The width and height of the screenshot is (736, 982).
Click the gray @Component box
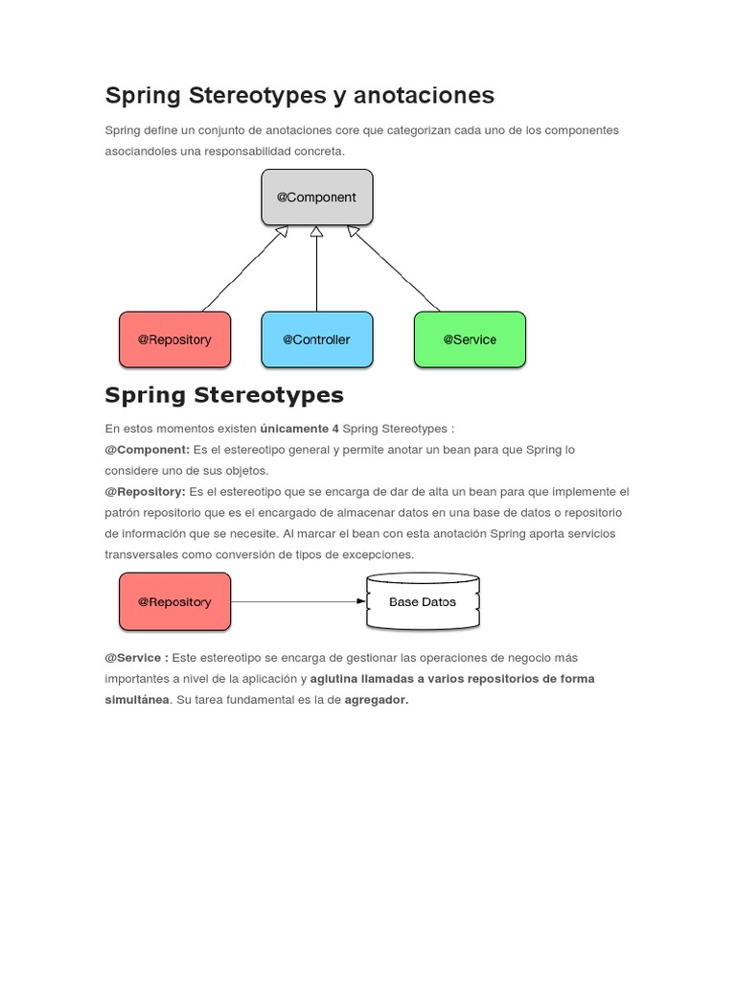316,198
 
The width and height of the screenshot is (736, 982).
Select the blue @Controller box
316,339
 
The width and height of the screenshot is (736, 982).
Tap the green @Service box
470,339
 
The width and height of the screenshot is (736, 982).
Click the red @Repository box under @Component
174,339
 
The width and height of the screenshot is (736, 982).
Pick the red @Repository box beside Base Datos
174,602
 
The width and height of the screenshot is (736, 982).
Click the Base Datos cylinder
423,602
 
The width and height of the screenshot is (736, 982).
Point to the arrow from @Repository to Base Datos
298,602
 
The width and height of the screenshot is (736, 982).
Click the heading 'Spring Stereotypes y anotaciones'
299,95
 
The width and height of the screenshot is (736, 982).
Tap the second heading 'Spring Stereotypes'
223,395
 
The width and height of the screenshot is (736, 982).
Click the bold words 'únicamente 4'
299,429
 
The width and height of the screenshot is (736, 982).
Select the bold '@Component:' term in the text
148,450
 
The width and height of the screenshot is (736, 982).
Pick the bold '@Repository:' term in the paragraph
145,492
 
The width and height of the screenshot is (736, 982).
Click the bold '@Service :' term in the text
136,658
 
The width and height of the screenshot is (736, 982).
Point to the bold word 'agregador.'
377,700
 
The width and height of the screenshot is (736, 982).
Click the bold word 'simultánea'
137,700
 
